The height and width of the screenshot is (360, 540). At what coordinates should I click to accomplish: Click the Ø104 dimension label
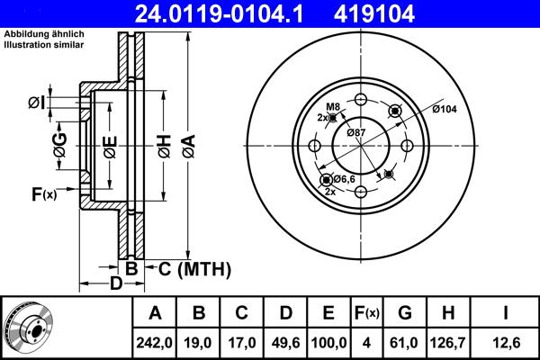pyautogui.click(x=445, y=109)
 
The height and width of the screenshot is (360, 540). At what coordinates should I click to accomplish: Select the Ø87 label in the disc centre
pyautogui.click(x=356, y=133)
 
